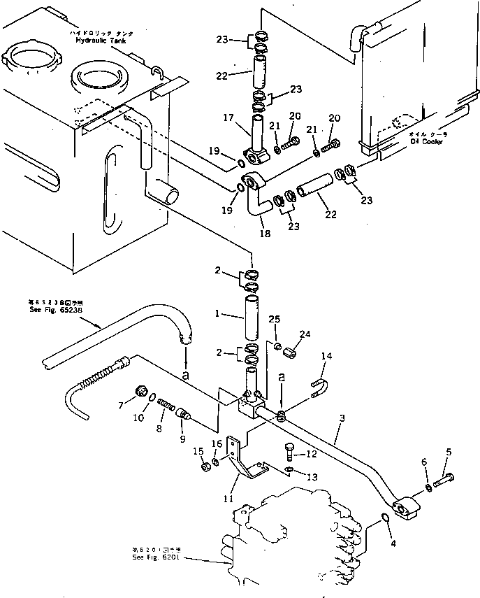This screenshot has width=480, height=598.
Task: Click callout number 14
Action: [x=326, y=355]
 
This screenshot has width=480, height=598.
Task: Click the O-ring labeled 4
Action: [x=385, y=518]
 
